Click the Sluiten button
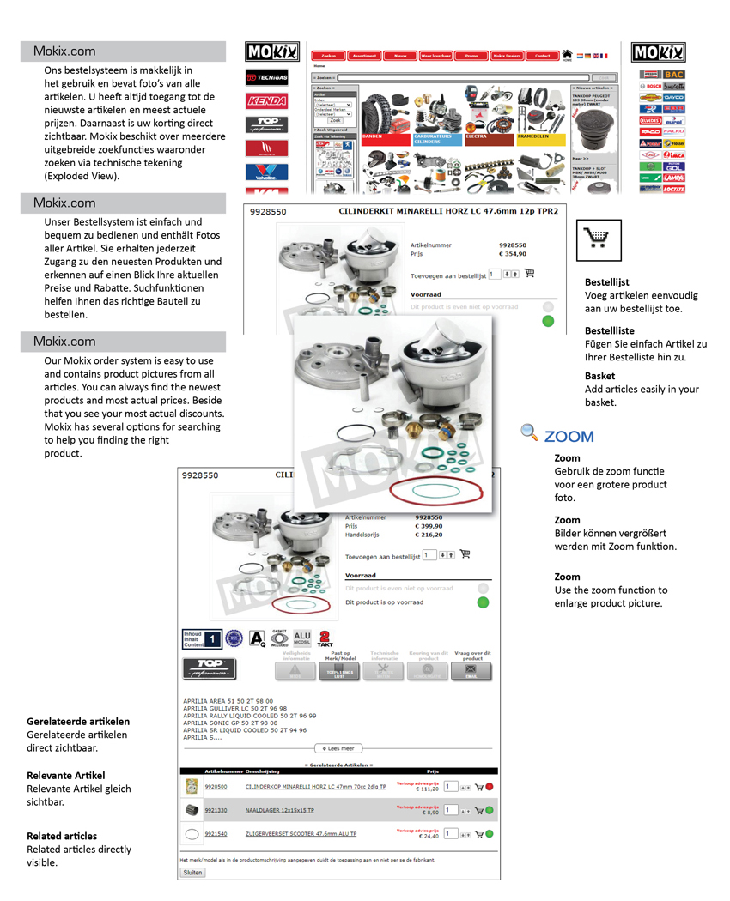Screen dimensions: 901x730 pos(192,872)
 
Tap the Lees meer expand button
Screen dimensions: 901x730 pos(338,748)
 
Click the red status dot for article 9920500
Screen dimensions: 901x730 pos(490,787)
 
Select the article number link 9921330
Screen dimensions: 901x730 pos(216,810)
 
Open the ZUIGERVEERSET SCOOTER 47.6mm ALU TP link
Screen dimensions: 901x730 pos(301,833)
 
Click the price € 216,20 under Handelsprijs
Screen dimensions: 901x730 pos(429,535)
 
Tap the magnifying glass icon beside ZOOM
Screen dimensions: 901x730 pos(530,433)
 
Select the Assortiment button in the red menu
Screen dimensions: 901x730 pos(364,56)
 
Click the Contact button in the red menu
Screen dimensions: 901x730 pos(543,56)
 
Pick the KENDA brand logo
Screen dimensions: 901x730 pos(266,100)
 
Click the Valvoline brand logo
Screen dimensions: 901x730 pos(266,171)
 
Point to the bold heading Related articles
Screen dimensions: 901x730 pos(62,836)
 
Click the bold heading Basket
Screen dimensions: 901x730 pos(600,376)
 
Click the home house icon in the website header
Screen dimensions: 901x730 pos(567,54)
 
